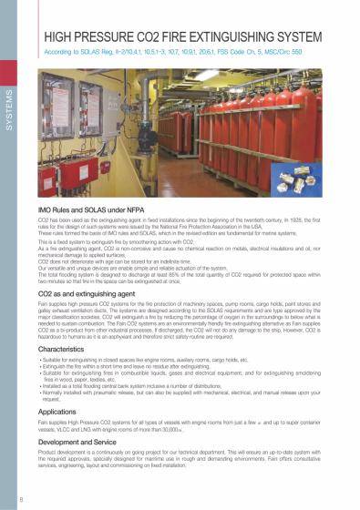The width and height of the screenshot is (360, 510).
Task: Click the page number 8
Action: tap(10, 499)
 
